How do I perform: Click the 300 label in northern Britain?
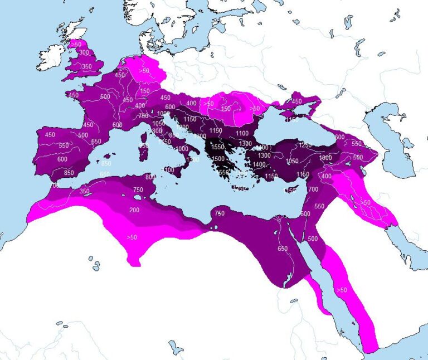tap(84, 52)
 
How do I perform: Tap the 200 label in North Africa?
tap(134, 210)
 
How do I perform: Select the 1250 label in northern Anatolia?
tap(305, 145)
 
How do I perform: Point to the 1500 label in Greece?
tap(218, 159)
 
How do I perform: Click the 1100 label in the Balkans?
tap(242, 134)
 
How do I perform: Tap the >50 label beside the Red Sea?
tap(341, 290)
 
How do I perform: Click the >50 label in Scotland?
tap(76, 43)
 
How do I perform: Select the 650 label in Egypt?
tap(283, 249)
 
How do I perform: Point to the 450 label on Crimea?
tap(296, 101)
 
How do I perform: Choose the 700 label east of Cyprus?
tap(313, 189)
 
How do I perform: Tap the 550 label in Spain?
tap(64, 146)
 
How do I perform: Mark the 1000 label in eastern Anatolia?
tap(325, 158)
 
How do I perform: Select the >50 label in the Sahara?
tap(132, 237)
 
